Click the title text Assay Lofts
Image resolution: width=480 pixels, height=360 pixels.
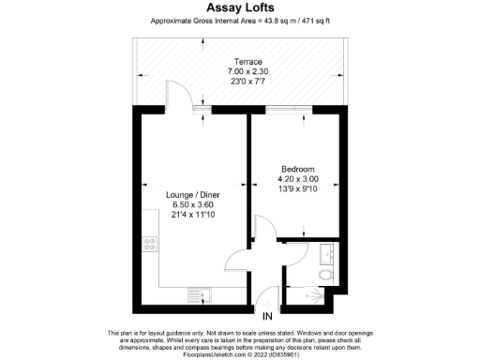point(240,7)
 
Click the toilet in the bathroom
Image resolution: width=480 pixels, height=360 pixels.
point(323,275)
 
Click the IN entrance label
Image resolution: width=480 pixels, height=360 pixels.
point(267,318)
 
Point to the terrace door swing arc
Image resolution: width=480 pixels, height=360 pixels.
point(178,94)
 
